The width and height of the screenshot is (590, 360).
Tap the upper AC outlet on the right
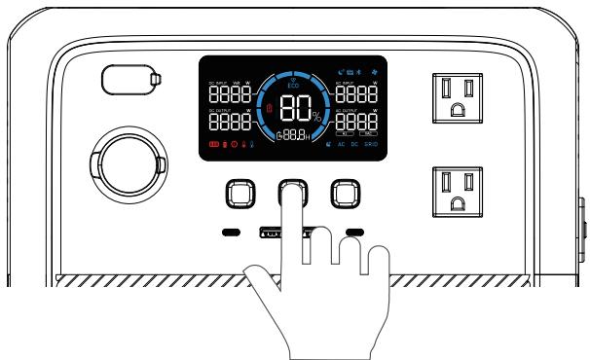tap(458, 99)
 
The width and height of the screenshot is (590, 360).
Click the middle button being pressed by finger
tap(291, 194)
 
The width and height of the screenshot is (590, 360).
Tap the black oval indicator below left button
tap(232, 233)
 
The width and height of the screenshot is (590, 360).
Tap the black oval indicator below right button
tap(352, 233)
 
